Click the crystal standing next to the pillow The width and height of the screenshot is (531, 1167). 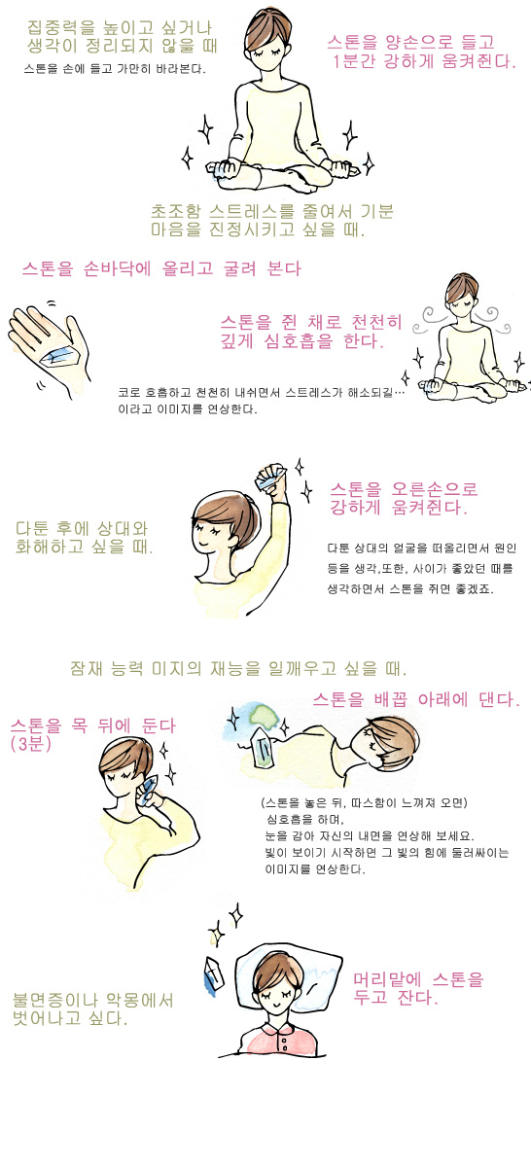(x=213, y=973)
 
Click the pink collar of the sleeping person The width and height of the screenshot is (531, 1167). (x=281, y=1032)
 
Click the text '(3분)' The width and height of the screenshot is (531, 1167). (x=31, y=743)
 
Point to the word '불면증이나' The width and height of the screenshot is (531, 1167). (x=54, y=1000)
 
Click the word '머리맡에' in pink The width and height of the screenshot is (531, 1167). (x=387, y=979)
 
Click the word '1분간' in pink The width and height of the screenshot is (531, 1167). (x=354, y=61)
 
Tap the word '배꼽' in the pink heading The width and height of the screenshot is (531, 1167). (x=391, y=699)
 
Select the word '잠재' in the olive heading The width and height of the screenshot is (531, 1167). (x=87, y=668)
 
